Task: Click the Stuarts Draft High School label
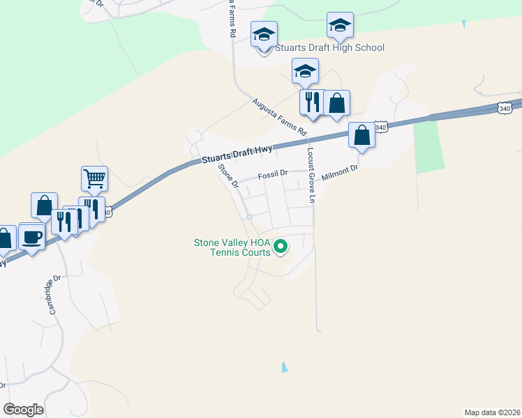pyautogui.click(x=330, y=47)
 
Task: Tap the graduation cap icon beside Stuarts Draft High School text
pyautogui.click(x=264, y=35)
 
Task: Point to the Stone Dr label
pyautogui.click(x=228, y=177)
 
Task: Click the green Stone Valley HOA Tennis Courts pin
pyautogui.click(x=281, y=246)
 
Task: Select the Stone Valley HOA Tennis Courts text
pyautogui.click(x=232, y=247)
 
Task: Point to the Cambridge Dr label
pyautogui.click(x=55, y=297)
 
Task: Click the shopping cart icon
pyautogui.click(x=94, y=179)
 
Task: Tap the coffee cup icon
pyautogui.click(x=32, y=237)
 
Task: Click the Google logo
pyautogui.click(x=23, y=410)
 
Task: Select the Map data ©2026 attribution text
pyautogui.click(x=492, y=412)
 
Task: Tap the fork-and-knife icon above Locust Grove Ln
pyautogui.click(x=311, y=102)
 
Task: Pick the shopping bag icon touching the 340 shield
pyautogui.click(x=362, y=135)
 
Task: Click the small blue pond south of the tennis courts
pyautogui.click(x=283, y=366)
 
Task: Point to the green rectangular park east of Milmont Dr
pyautogui.click(x=429, y=146)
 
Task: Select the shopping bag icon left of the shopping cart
pyautogui.click(x=44, y=206)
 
